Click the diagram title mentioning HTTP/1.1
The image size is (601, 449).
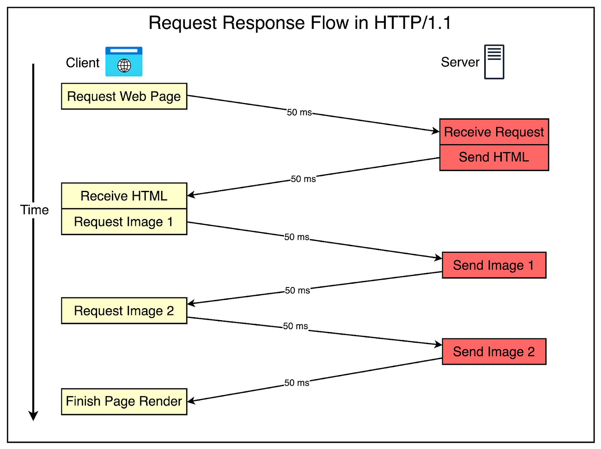pos(300,23)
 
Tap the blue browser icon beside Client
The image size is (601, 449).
pos(124,62)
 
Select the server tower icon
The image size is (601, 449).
pos(494,62)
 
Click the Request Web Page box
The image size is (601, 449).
pos(124,96)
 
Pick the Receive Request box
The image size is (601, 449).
pos(494,132)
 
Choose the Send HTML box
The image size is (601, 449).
pos(494,157)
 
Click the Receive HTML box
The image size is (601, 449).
pos(124,196)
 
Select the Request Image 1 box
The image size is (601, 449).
pos(124,222)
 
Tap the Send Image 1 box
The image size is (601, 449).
pos(494,265)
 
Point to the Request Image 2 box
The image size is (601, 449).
pos(124,311)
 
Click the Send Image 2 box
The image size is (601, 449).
pos(494,352)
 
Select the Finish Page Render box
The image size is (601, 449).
pos(124,401)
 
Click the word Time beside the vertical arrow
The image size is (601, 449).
pos(35,210)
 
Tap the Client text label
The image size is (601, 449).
pos(83,63)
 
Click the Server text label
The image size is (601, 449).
pos(460,62)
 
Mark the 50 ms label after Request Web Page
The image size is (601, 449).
pos(299,112)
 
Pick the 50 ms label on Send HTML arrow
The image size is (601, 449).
pos(303,179)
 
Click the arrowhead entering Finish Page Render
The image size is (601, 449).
pos(191,401)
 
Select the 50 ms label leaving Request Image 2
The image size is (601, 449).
pos(296,326)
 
